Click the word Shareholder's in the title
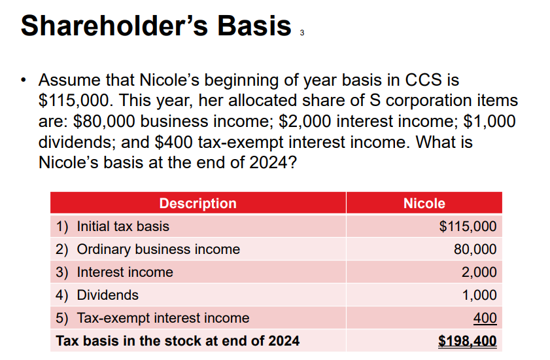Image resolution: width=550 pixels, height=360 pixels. pyautogui.click(x=114, y=26)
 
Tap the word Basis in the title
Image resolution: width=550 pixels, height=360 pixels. pyautogui.click(x=254, y=26)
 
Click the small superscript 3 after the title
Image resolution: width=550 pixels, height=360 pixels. pyautogui.click(x=302, y=33)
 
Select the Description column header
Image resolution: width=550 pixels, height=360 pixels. pyautogui.click(x=198, y=204)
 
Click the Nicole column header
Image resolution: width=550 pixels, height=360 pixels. pyautogui.click(x=424, y=204)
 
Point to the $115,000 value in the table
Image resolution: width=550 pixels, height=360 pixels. pyautogui.click(x=468, y=226)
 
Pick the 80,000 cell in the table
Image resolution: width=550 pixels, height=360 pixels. pyautogui.click(x=475, y=249)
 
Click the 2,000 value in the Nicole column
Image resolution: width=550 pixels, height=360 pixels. pyautogui.click(x=479, y=272)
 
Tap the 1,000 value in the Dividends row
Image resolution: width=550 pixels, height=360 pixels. pyautogui.click(x=479, y=295)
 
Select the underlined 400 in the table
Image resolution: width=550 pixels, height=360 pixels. pyautogui.click(x=485, y=318)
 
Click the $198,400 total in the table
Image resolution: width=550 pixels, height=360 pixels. pyautogui.click(x=468, y=340)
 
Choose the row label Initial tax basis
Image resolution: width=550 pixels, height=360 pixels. pyautogui.click(x=123, y=226)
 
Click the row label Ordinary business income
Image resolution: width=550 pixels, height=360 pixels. pyautogui.click(x=158, y=249)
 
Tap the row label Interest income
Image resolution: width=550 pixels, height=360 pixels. pyautogui.click(x=125, y=272)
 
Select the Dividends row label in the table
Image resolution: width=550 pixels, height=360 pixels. pyautogui.click(x=108, y=295)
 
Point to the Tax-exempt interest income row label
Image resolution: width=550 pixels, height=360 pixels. pyautogui.click(x=163, y=318)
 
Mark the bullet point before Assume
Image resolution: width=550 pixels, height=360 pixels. pyautogui.click(x=23, y=80)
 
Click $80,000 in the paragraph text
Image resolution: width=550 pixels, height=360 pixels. pyautogui.click(x=104, y=121)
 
